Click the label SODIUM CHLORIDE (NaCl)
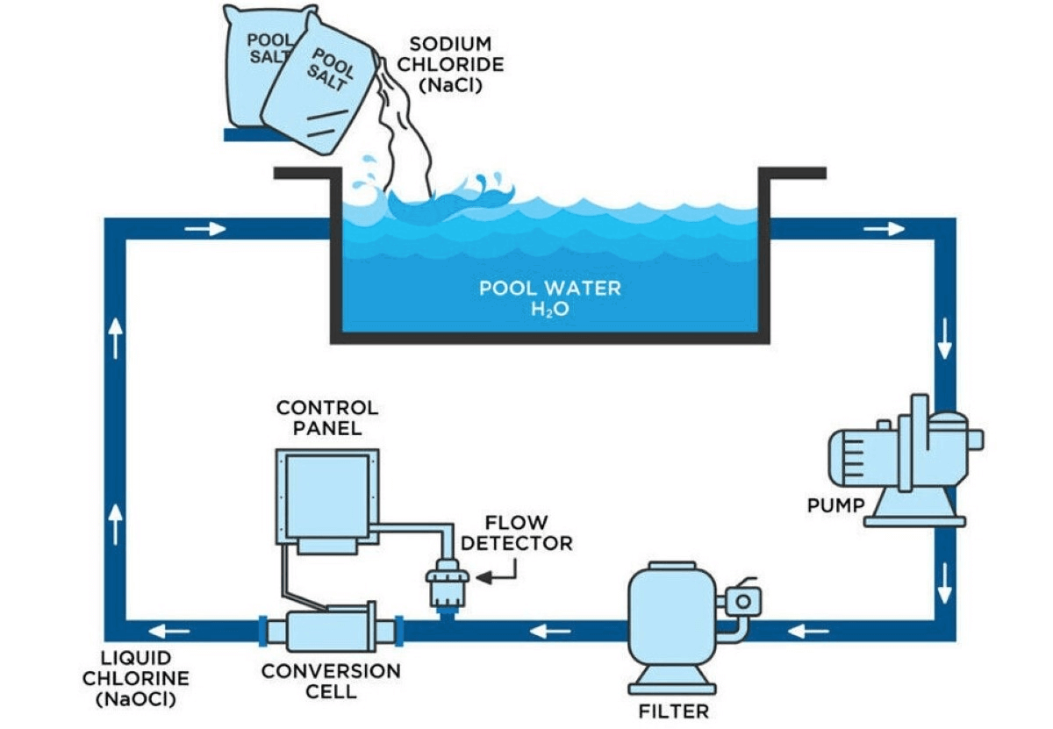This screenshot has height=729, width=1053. (455, 65)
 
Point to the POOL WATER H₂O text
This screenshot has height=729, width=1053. (550, 297)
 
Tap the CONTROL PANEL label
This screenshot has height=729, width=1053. (327, 418)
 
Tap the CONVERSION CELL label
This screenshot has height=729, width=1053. (331, 681)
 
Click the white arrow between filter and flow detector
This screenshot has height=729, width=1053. (553, 630)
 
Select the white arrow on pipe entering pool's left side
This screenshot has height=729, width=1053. (206, 229)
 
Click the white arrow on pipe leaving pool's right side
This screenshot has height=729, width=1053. (884, 229)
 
